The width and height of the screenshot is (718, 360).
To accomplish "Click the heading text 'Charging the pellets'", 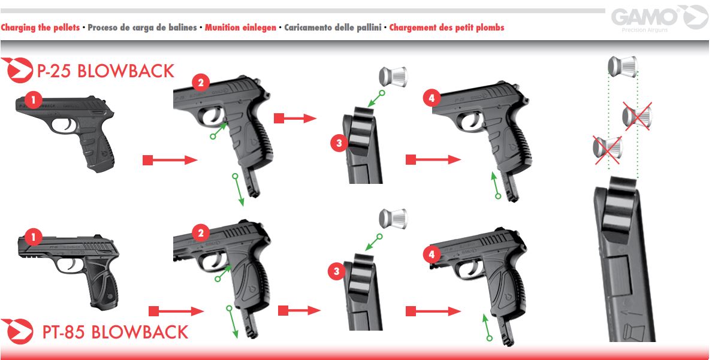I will pos(40,28).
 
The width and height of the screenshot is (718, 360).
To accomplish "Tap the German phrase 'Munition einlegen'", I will pos(240,28).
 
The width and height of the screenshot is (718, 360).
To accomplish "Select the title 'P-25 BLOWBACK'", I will pos(105,71).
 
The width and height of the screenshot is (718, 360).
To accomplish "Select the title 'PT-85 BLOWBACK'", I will pos(115,332).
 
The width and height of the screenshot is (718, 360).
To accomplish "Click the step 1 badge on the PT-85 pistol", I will pos(34,238).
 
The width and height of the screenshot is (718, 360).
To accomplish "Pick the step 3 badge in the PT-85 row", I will pos(337,272).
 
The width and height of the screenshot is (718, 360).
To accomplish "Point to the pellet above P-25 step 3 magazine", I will pos(393,76).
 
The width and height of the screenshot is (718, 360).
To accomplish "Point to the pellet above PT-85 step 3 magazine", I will pos(393,219).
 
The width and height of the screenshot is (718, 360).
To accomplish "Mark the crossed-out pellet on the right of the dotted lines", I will pos(636,116).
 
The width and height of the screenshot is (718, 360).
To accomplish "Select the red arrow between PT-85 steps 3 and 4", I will pos(433,311).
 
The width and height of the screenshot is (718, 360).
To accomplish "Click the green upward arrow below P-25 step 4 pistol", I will pos(495,185).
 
